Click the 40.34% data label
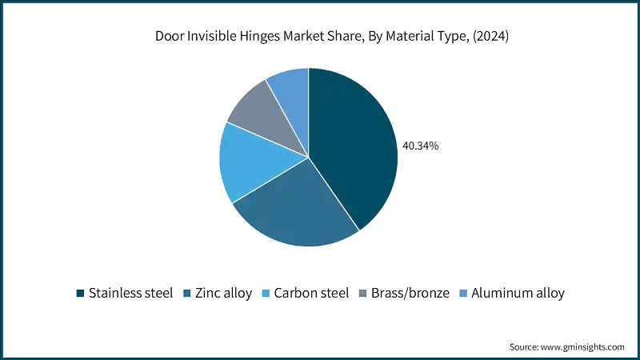[421, 146]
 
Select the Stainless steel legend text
[130, 293]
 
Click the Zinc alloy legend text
[224, 293]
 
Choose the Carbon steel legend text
[311, 293]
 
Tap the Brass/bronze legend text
[410, 293]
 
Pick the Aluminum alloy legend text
[518, 293]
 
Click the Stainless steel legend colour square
[81, 293]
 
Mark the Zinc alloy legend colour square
[187, 293]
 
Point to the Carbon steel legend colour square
[266, 293]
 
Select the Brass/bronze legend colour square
[363, 293]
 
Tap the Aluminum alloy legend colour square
[463, 293]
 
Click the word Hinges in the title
[259, 36]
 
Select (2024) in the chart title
[490, 36]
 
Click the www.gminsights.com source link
[582, 347]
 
